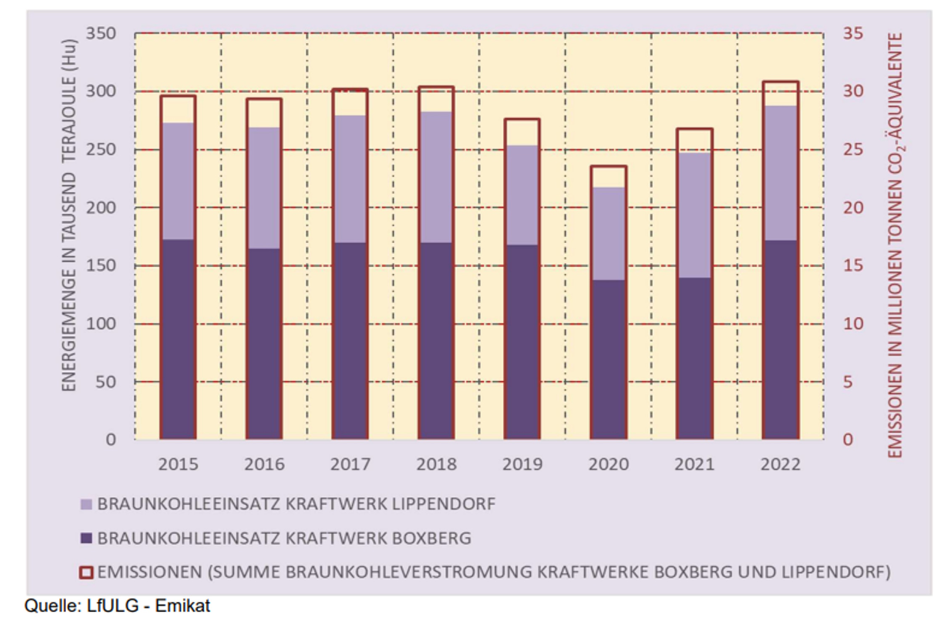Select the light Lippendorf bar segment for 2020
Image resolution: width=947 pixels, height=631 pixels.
(x=608, y=233)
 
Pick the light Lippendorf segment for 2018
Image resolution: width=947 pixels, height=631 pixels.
(x=436, y=177)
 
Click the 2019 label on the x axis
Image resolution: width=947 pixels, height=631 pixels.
(x=522, y=464)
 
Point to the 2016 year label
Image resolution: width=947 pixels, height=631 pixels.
(x=264, y=464)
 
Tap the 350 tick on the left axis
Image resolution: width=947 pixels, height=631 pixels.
(x=101, y=34)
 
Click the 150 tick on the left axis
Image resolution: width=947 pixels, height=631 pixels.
(x=101, y=266)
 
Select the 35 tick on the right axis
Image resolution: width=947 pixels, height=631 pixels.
(x=853, y=34)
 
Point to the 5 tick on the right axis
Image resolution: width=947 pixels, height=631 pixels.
(x=848, y=382)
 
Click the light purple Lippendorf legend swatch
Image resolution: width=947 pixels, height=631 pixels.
(x=86, y=504)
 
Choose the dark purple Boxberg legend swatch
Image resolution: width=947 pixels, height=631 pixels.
(x=86, y=538)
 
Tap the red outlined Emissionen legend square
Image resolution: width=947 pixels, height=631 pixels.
(x=86, y=573)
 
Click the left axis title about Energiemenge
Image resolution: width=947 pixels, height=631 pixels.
(x=69, y=215)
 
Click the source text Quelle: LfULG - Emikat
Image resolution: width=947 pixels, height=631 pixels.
(x=117, y=606)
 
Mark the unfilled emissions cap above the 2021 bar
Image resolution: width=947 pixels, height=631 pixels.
(x=694, y=141)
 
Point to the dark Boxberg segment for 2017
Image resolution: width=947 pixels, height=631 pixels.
(x=350, y=341)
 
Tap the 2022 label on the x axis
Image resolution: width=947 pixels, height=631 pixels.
(x=780, y=464)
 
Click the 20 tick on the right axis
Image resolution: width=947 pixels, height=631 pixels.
(x=853, y=208)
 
